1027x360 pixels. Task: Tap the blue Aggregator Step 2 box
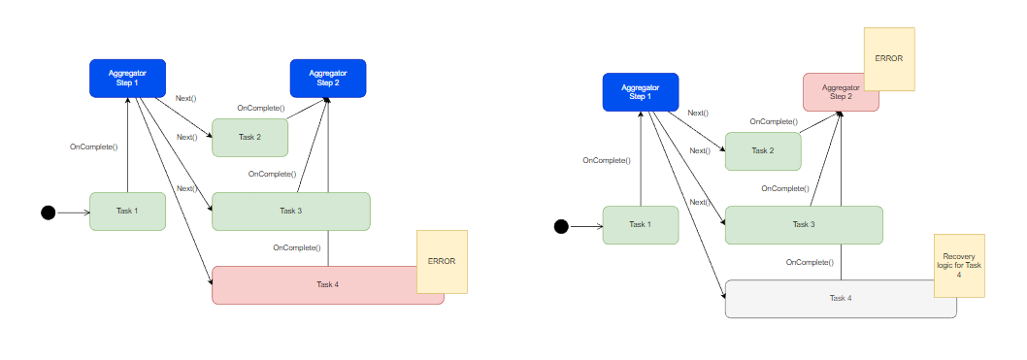[328, 79]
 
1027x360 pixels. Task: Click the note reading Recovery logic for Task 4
[959, 265]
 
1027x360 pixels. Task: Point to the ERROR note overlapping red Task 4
[442, 261]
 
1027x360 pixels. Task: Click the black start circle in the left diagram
[48, 213]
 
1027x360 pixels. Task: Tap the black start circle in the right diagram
[560, 226]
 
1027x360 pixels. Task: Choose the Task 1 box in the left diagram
[127, 211]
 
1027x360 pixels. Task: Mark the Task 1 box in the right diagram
[640, 224]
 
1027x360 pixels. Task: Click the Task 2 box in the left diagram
[249, 137]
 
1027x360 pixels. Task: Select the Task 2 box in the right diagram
[763, 150]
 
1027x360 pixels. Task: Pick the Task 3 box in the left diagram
[291, 211]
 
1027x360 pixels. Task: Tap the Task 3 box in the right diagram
[804, 224]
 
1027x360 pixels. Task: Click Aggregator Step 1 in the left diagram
[128, 79]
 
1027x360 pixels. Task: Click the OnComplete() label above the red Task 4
[296, 248]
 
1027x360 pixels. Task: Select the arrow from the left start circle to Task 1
[72, 213]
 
